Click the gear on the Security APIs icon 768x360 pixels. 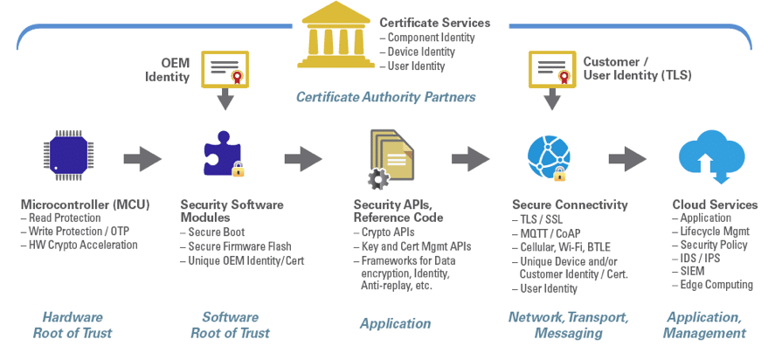click(x=378, y=180)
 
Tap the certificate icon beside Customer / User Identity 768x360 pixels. click(x=551, y=68)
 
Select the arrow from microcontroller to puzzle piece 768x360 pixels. click(x=142, y=159)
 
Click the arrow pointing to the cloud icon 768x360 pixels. click(x=627, y=159)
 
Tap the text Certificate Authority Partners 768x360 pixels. click(x=385, y=97)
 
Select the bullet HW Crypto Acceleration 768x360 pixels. click(x=83, y=246)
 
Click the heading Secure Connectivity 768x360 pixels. click(x=570, y=204)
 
